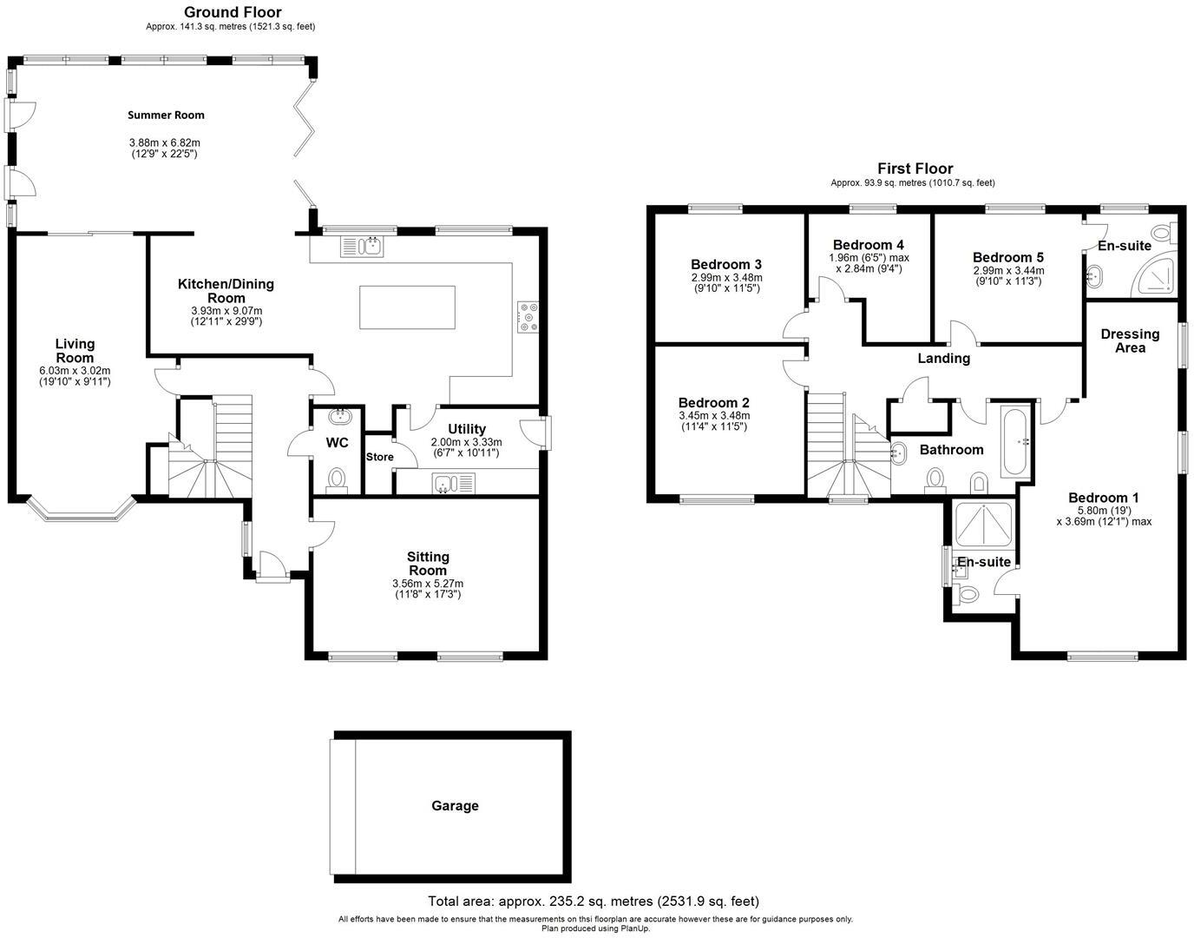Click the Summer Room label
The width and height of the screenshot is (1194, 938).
[166, 115]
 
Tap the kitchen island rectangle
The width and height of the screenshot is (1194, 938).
[407, 307]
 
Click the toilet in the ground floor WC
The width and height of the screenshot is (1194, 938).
[336, 479]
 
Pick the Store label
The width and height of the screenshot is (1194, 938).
[379, 457]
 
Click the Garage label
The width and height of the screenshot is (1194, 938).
[455, 806]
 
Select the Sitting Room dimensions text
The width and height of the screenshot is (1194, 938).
[428, 589]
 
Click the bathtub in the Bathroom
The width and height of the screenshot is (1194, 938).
[1014, 440]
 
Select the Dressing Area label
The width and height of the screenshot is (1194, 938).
[1130, 340]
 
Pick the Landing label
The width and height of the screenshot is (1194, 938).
[944, 358]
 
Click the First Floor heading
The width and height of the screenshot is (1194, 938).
[915, 168]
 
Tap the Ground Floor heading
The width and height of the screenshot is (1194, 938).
[233, 11]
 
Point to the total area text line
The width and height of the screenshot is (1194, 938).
[593, 902]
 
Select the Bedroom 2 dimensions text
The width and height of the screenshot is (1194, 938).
[713, 421]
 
